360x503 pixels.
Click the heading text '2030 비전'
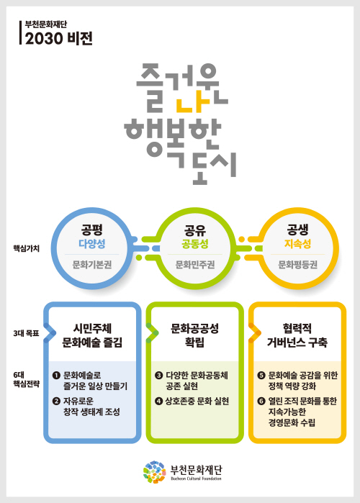pyautogui.click(x=59, y=38)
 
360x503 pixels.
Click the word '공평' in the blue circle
pyautogui.click(x=91, y=230)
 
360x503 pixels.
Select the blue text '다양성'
pyautogui.click(x=91, y=244)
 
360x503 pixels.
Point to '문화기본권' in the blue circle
pyautogui.click(x=91, y=265)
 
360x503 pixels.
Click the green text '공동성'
pyautogui.click(x=194, y=244)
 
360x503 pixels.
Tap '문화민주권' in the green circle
pyautogui.click(x=194, y=265)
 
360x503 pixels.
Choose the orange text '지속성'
pyautogui.click(x=298, y=244)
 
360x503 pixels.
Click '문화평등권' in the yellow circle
pyautogui.click(x=298, y=265)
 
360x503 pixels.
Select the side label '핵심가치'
pyautogui.click(x=27, y=248)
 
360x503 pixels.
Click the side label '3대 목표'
pyautogui.click(x=27, y=333)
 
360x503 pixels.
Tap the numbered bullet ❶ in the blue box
pyautogui.click(x=56, y=375)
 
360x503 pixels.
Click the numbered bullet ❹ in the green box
pyautogui.click(x=159, y=401)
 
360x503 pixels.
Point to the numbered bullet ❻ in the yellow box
pyautogui.click(x=261, y=401)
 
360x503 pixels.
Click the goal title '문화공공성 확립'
pyautogui.click(x=194, y=335)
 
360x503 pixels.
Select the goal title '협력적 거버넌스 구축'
pyautogui.click(x=297, y=335)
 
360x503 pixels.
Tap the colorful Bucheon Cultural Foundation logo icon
pyautogui.click(x=155, y=472)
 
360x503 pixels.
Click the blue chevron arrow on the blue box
pyautogui.click(x=50, y=333)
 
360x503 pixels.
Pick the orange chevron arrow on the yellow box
pyautogui.click(x=256, y=333)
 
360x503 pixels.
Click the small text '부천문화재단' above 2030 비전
pyautogui.click(x=46, y=24)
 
